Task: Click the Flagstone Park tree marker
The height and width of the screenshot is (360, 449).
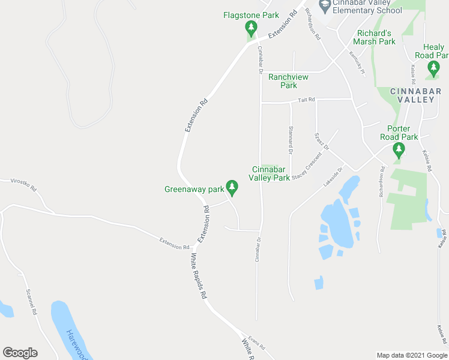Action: coord(251,28)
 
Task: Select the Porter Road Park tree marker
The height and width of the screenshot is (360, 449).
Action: coord(397,149)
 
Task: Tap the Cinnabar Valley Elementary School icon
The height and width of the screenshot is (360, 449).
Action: coord(325,5)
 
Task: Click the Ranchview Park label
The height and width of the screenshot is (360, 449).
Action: coord(288,81)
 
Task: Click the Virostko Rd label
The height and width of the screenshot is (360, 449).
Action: coord(25,184)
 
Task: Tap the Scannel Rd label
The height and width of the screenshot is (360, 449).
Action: coord(31,303)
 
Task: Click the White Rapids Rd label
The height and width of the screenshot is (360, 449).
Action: coord(199,275)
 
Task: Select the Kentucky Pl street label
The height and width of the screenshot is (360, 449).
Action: coord(356,62)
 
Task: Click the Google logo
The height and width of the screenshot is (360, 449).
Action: coord(20,353)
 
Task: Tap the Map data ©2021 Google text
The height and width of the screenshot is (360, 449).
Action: coord(411,355)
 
